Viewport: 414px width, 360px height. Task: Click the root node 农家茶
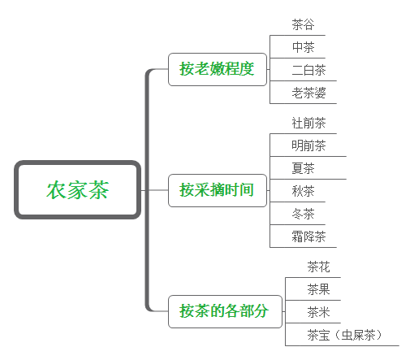77,189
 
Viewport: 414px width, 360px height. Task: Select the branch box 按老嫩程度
218,69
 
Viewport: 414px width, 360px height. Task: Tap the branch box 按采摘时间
218,190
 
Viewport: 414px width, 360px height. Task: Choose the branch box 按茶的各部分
225,311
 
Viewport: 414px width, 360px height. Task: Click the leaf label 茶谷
303,24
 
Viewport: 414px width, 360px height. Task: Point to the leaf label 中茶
303,47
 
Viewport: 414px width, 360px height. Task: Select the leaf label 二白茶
308,70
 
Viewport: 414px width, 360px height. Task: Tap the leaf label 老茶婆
308,93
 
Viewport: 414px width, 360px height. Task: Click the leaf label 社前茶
308,123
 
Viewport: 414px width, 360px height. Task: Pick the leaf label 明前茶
308,145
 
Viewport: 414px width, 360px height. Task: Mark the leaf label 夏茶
303,168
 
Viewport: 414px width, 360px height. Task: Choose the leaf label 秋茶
303,191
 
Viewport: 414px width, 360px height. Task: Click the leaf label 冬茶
303,214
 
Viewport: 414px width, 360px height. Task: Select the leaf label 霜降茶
308,236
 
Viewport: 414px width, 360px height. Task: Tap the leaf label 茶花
318,267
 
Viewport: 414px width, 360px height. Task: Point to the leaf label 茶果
318,289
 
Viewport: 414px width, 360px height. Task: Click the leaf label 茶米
318,312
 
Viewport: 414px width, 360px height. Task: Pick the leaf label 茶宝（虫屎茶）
344,335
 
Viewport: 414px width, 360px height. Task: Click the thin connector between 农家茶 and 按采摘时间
154,190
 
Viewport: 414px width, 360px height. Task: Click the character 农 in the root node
56,190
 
